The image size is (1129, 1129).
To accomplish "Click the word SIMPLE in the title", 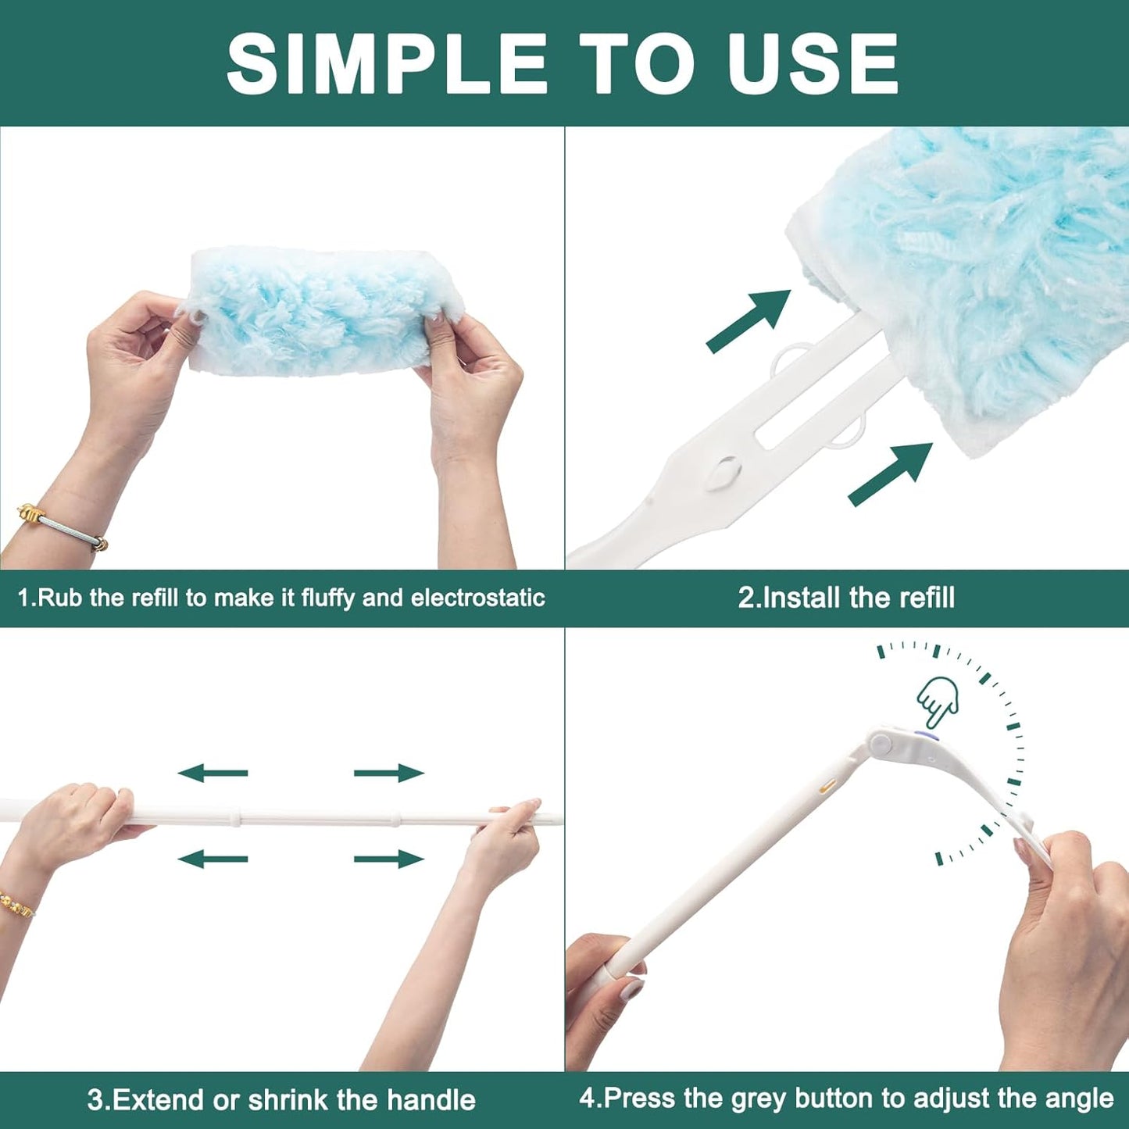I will click(x=387, y=64).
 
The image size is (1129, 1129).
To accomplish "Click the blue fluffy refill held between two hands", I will click(x=313, y=313).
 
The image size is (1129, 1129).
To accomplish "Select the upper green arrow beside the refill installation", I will click(x=748, y=320).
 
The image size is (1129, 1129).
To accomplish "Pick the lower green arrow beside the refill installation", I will click(x=891, y=473).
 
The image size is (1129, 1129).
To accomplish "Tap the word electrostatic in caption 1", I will click(x=477, y=598).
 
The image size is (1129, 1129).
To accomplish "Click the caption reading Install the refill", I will click(x=846, y=598).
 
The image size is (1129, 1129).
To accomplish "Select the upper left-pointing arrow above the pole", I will click(x=213, y=774).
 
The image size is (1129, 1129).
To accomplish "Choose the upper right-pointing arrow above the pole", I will click(x=388, y=774).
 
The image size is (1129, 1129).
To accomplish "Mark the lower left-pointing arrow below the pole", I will click(x=213, y=859).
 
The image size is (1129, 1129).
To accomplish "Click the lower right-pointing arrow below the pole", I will click(x=388, y=859).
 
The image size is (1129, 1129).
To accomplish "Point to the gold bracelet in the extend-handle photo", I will click(x=16, y=903).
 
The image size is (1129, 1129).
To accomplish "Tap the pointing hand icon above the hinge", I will click(x=938, y=699).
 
